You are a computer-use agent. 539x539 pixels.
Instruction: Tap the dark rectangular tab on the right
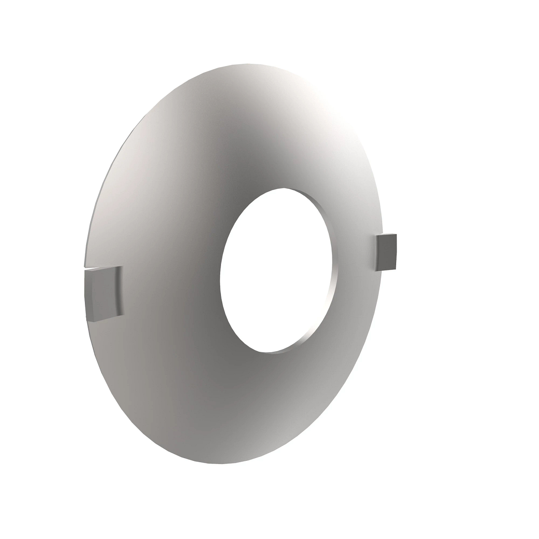click(386, 253)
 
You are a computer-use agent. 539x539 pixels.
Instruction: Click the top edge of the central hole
click(287, 187)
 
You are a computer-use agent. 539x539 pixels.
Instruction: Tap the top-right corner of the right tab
click(397, 234)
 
